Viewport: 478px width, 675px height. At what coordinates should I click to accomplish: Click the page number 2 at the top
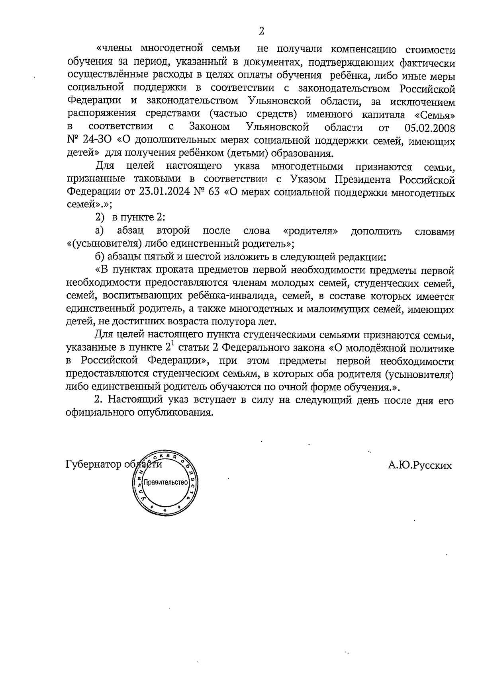pos(261,31)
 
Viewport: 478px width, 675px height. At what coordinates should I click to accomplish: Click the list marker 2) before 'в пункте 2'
pos(100,218)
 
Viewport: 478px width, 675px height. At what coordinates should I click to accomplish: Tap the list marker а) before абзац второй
pos(100,231)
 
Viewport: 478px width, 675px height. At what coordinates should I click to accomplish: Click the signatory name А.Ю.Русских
pos(420,465)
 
